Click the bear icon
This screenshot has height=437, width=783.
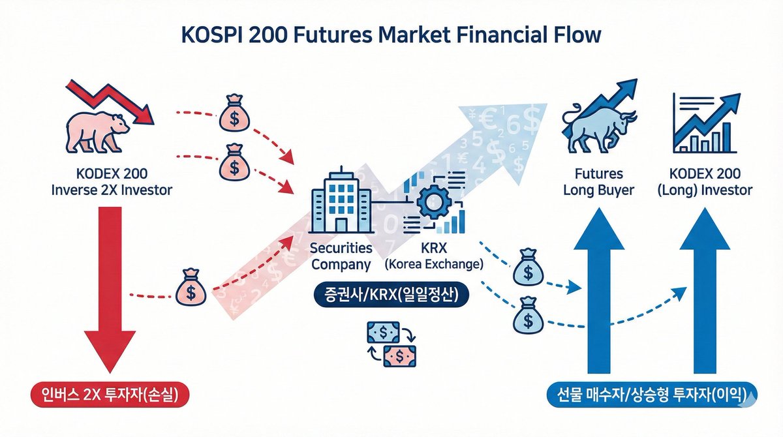(95, 131)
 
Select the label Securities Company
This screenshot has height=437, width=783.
(341, 256)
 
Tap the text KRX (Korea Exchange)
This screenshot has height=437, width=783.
(433, 256)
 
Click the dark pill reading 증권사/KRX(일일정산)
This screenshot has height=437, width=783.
(390, 295)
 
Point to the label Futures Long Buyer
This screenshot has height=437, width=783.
(600, 183)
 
